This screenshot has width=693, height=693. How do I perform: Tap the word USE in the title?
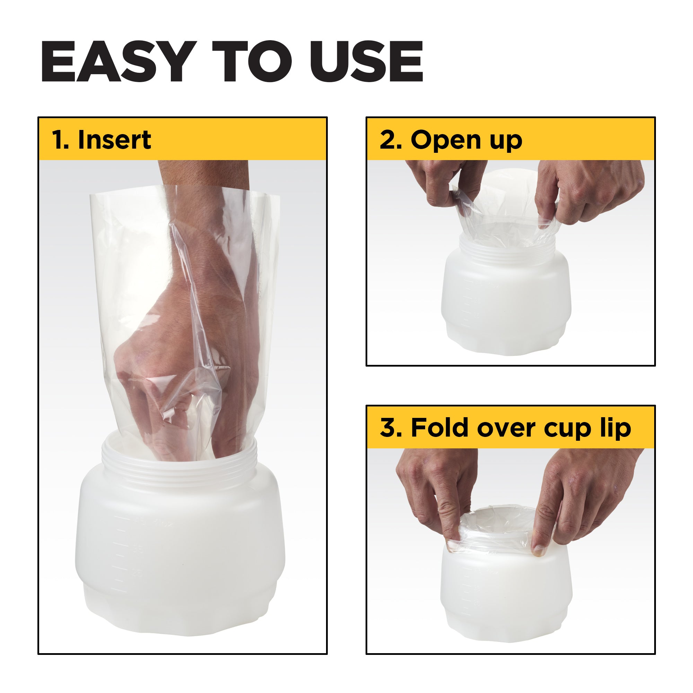(366, 62)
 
